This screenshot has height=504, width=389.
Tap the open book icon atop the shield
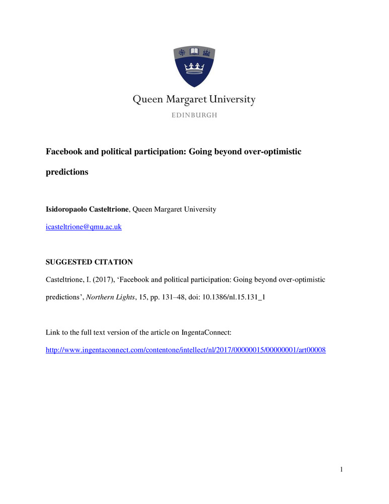pos(194,52)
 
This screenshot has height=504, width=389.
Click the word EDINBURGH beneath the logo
pos(194,115)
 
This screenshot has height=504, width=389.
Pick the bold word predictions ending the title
pos(67,172)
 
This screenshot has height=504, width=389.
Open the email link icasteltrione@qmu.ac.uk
pos(84,227)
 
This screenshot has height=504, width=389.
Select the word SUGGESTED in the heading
pos(70,262)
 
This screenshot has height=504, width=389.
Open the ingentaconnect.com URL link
pos(186,350)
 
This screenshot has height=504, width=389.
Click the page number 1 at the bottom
pos(341,470)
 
